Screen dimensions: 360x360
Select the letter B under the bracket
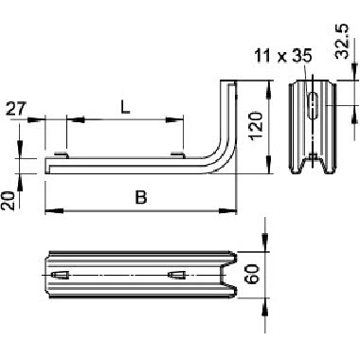(141, 198)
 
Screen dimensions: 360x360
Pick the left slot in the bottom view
(62, 275)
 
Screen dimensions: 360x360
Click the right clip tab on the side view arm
(177, 153)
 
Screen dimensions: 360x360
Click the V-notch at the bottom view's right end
(227, 276)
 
